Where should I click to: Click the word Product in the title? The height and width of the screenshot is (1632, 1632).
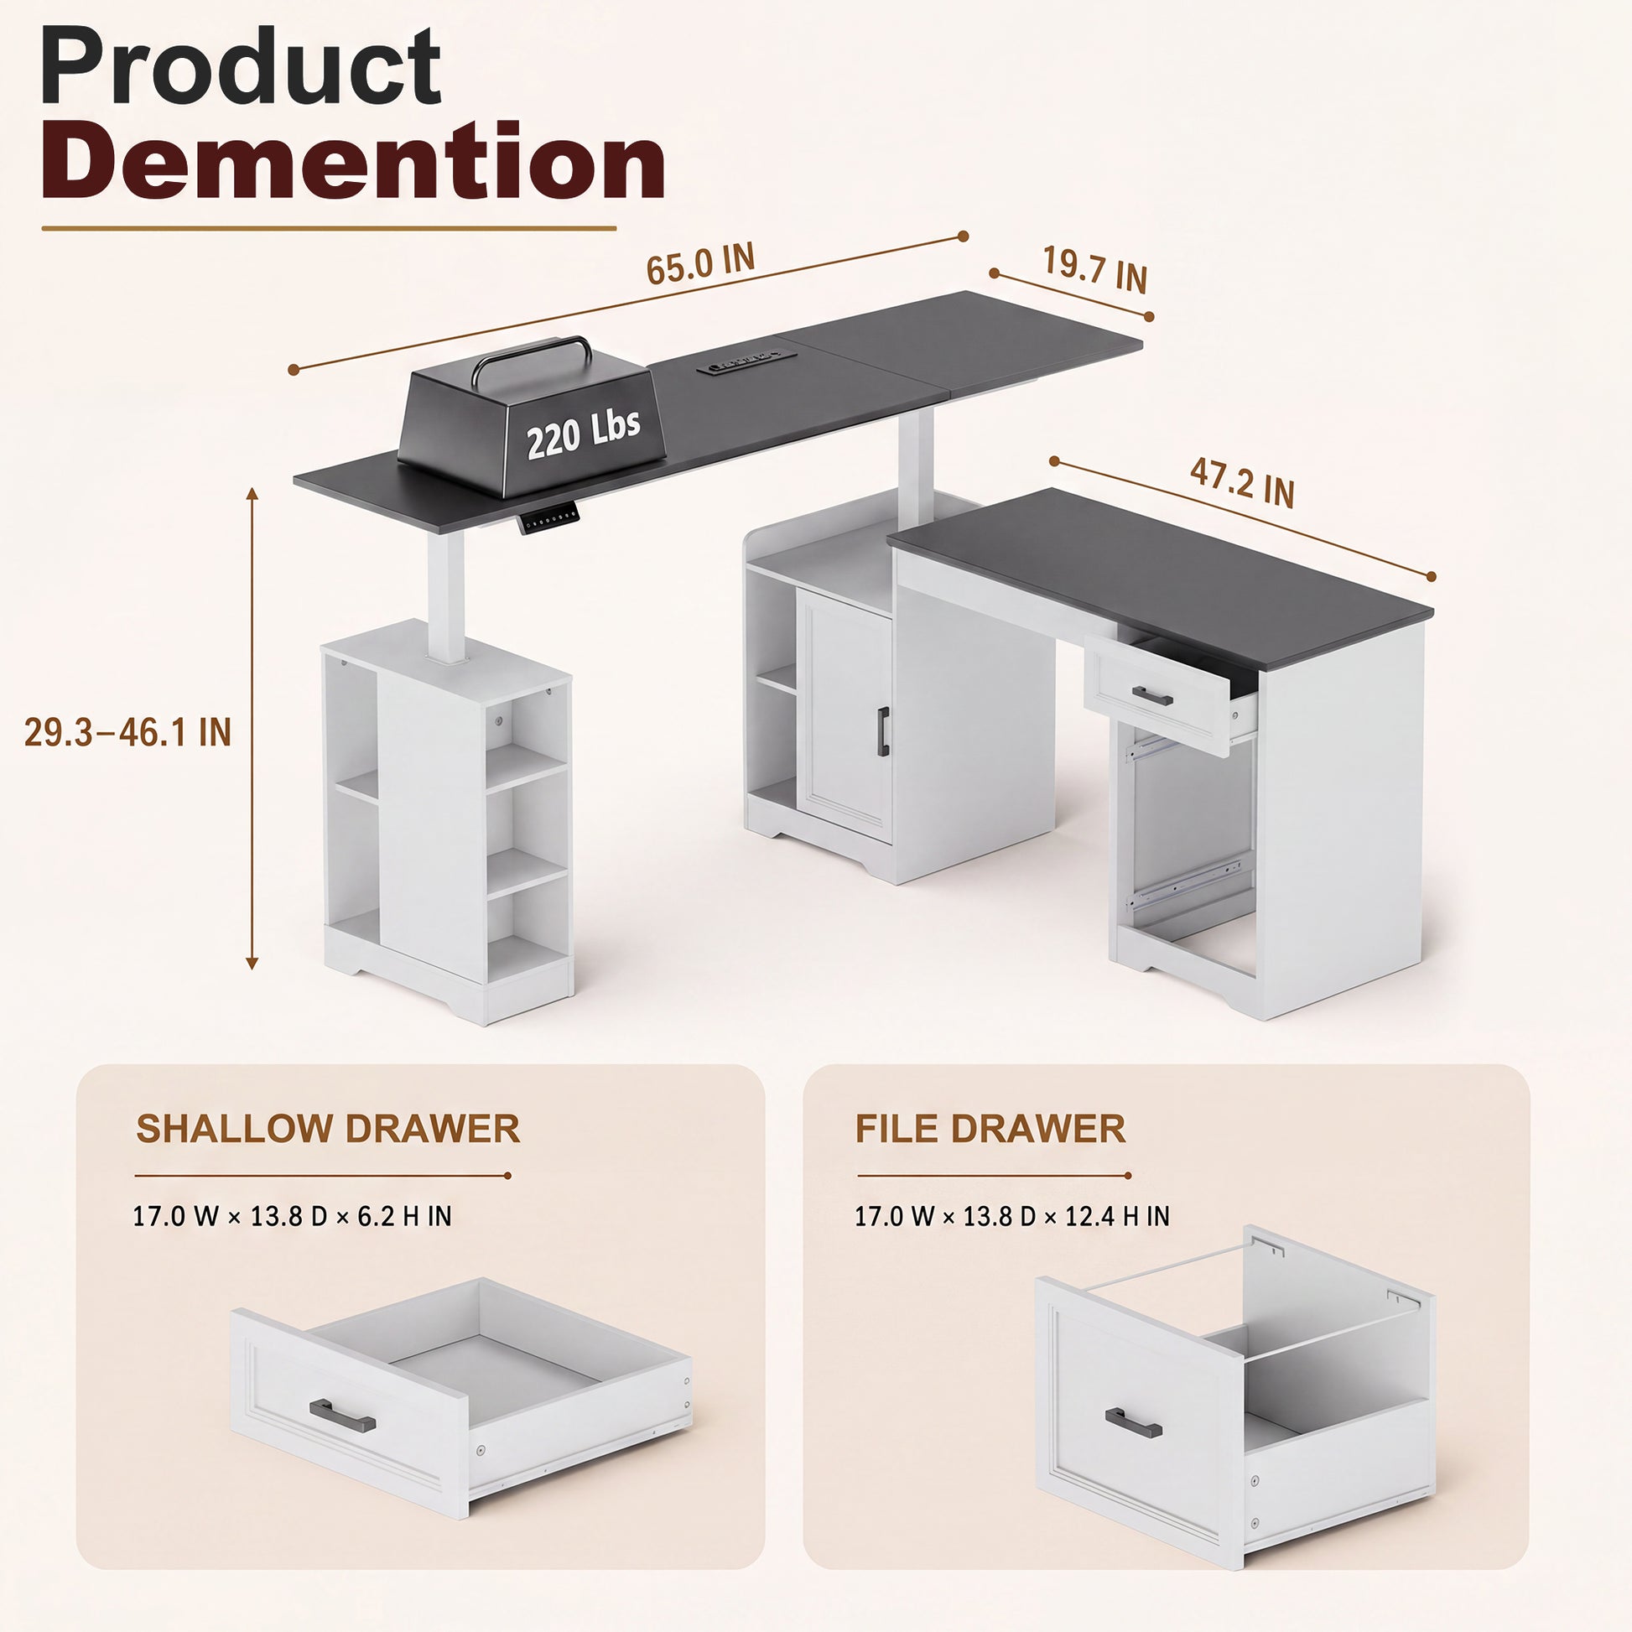click(241, 67)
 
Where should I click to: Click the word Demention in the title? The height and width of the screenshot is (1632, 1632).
click(354, 160)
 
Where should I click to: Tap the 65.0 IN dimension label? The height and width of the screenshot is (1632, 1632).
click(700, 264)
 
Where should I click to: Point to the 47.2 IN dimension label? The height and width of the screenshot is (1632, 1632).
click(1242, 483)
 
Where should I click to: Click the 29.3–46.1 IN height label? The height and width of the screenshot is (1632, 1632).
click(127, 731)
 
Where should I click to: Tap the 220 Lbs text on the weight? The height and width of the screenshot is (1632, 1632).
click(583, 434)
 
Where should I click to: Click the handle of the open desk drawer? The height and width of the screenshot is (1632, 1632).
click(1153, 695)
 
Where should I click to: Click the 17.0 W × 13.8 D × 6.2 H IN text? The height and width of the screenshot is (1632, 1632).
click(293, 1216)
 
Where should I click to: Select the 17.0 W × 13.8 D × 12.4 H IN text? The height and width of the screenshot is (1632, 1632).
click(1012, 1216)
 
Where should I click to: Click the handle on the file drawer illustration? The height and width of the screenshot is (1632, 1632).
click(1133, 1422)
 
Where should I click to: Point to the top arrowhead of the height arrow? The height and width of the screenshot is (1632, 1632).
click(251, 493)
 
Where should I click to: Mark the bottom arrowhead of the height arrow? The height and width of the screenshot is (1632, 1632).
click(251, 963)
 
